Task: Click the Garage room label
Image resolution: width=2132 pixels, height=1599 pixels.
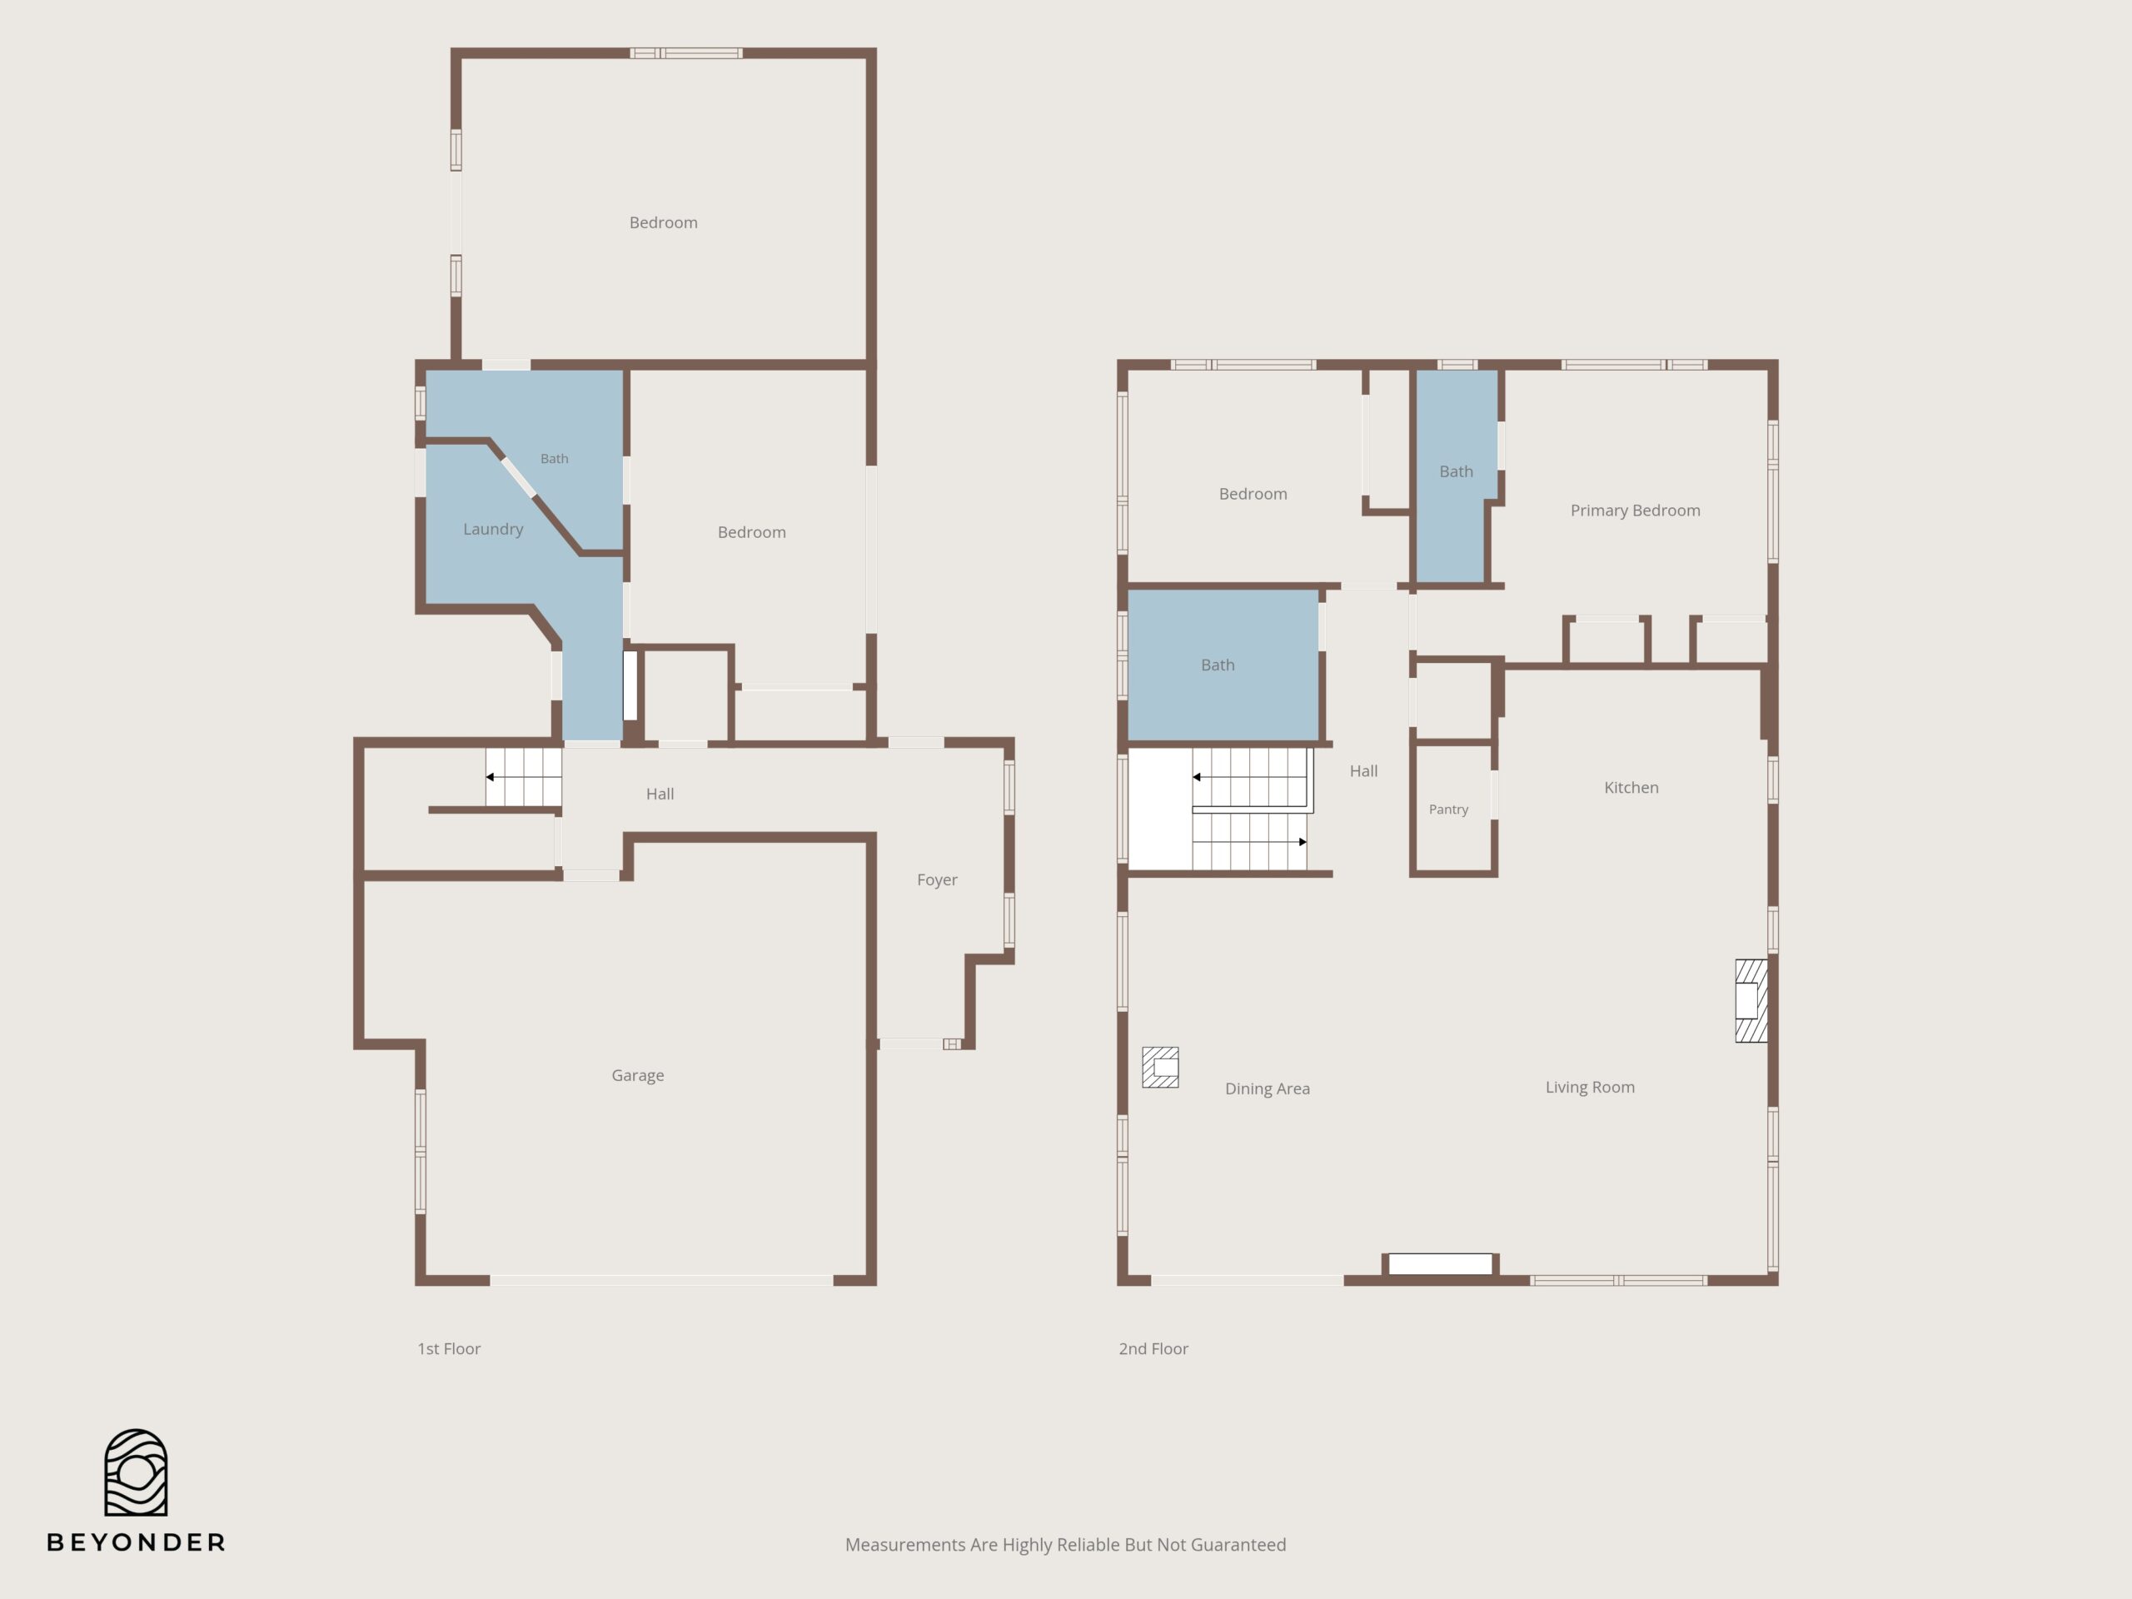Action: coord(637,1076)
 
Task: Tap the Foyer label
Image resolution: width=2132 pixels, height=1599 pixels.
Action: coord(937,880)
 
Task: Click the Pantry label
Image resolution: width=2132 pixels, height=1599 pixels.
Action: coord(1448,809)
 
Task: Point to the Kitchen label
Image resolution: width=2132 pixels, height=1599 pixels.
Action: coord(1631,788)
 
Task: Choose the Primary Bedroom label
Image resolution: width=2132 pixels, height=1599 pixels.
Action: coord(1635,511)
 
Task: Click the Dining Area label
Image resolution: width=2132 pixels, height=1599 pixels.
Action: coord(1267,1089)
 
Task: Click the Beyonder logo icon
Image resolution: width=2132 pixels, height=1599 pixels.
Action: coord(136,1472)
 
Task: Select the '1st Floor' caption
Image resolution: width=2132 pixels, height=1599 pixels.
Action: coord(448,1349)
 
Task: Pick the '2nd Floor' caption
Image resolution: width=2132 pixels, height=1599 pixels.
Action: coord(1153,1349)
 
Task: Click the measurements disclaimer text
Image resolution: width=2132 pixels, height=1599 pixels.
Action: coord(1065,1545)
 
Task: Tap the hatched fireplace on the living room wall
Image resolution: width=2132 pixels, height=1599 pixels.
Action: coord(1751,1000)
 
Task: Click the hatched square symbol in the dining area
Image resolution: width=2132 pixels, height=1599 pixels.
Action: coord(1160,1067)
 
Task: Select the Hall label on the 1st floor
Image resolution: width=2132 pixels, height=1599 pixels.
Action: coord(660,795)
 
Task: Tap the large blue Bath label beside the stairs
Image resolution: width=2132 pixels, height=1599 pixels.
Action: coord(1218,665)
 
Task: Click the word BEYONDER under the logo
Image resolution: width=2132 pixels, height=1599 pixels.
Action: coord(136,1543)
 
